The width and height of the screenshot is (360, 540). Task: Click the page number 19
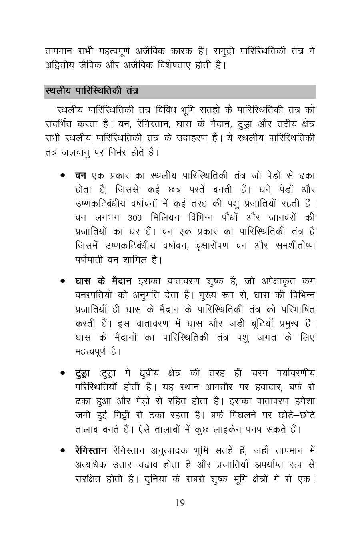[x=180, y=503]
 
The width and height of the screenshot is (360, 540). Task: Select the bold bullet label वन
[x=80, y=176]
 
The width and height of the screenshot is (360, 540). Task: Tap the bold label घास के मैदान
[x=103, y=281]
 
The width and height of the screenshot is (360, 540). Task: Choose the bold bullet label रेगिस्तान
[x=91, y=451]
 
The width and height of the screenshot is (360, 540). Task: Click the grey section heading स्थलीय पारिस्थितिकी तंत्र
[x=92, y=92]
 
